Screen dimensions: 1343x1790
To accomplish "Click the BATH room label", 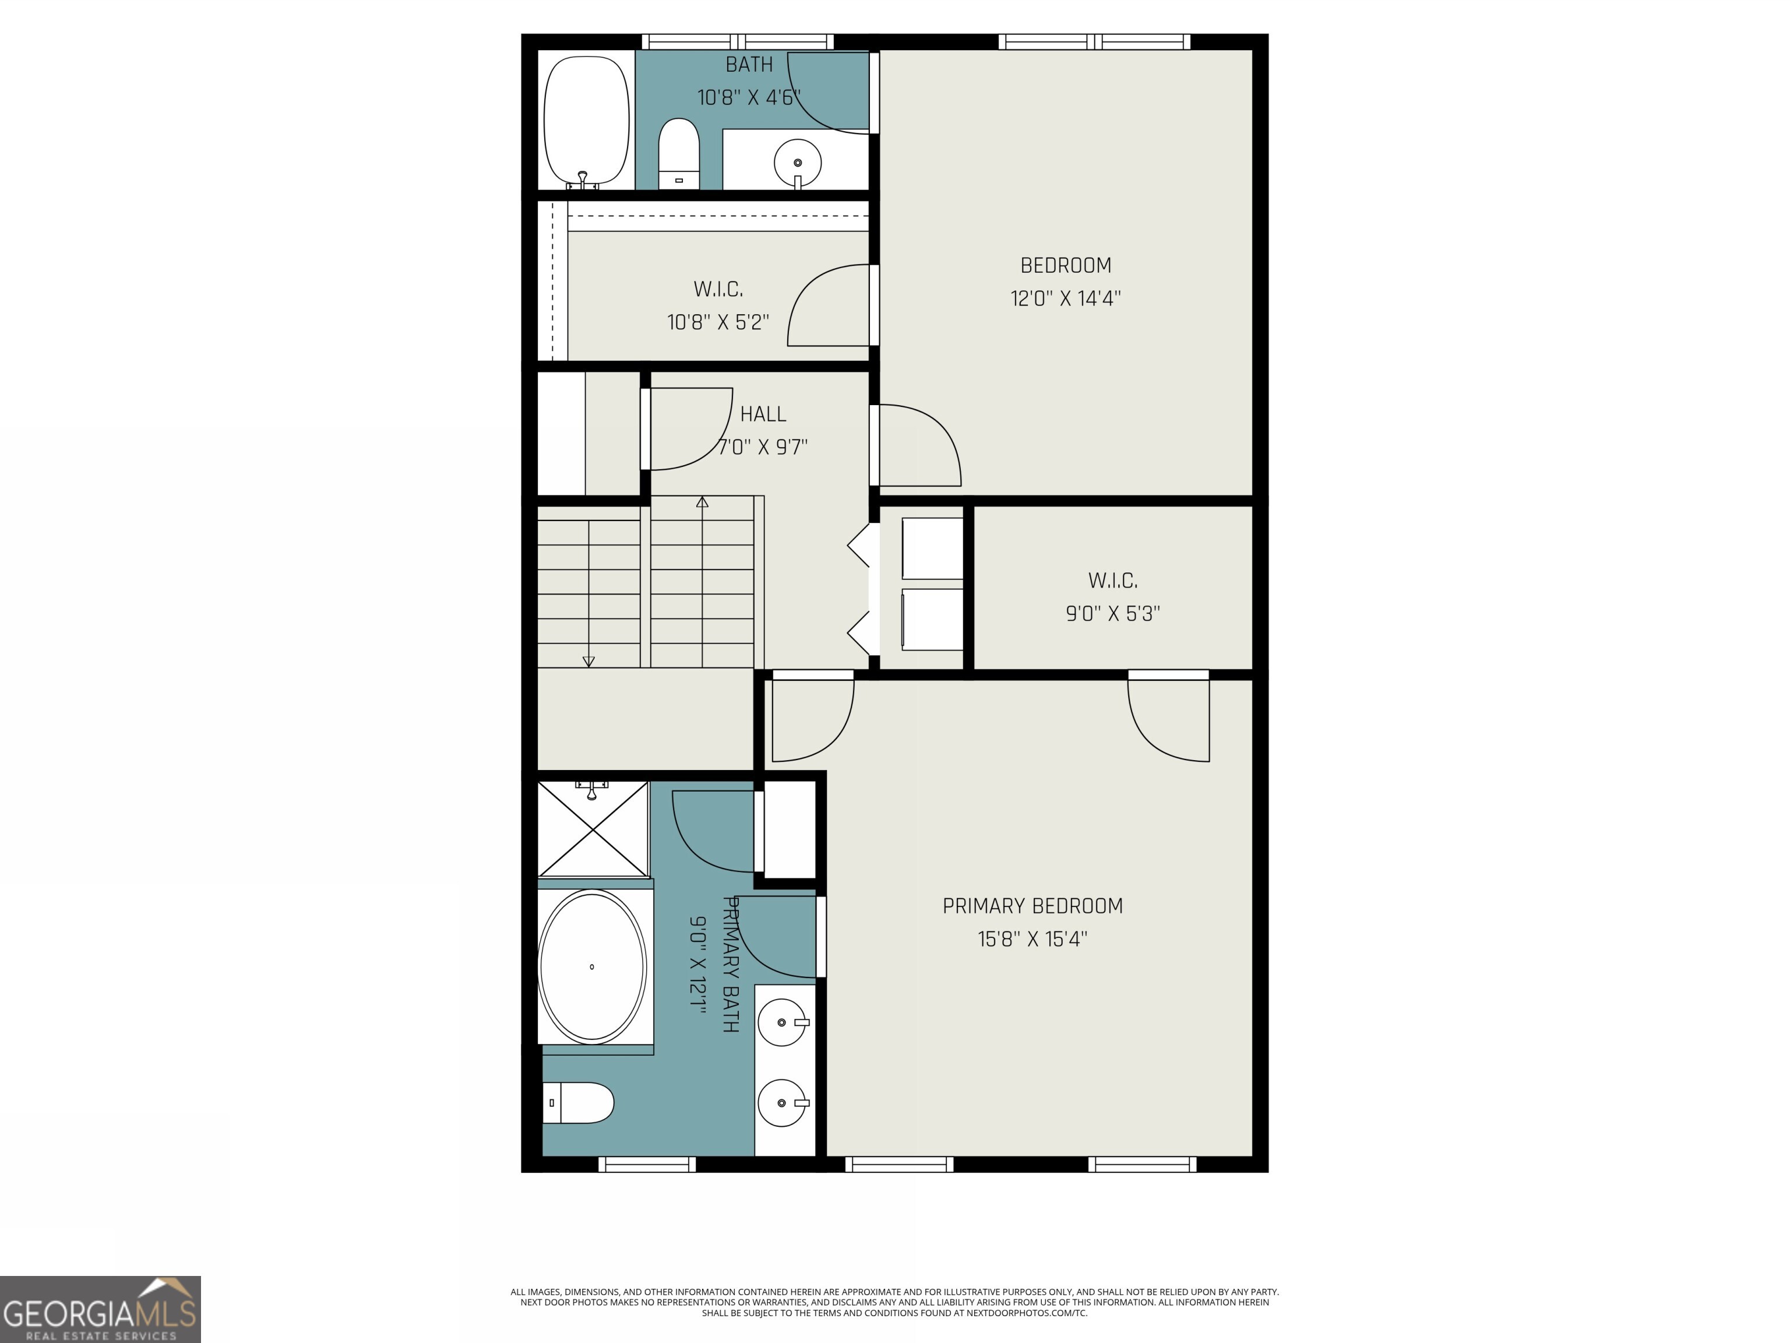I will tap(749, 65).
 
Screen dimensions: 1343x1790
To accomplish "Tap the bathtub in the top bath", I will tap(586, 121).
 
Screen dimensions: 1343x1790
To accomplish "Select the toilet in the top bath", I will tap(678, 154).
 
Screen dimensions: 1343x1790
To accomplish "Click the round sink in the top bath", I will tap(797, 163).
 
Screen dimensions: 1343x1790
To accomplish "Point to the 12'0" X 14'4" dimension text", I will tap(1065, 298).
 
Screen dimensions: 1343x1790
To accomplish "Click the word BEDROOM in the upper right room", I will tap(1065, 266).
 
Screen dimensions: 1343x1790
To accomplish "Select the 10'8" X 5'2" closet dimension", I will tap(718, 322).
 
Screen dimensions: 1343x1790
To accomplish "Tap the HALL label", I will tap(762, 414).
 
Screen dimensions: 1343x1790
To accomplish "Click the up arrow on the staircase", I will tap(702, 502).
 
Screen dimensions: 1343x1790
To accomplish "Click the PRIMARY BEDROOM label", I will tap(1033, 906).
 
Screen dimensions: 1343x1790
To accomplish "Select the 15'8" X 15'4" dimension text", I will tap(1033, 939).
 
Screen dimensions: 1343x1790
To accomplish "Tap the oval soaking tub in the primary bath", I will tap(593, 966).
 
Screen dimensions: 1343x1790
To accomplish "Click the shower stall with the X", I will tap(593, 828).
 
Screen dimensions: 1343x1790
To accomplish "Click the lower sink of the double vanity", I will tap(782, 1103).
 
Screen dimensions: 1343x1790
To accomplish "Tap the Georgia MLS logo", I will tap(100, 1309).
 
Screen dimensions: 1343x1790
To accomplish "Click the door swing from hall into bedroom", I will tap(918, 447).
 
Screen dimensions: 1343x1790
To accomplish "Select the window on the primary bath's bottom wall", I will tap(647, 1164).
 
